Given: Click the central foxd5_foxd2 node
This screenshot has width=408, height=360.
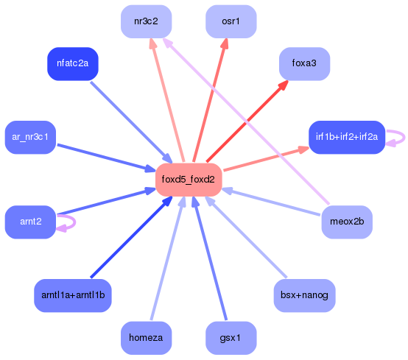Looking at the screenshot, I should click(x=189, y=179).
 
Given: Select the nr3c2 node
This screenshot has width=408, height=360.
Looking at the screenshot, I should click(x=146, y=21).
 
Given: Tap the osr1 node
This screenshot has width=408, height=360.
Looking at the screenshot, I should click(x=231, y=21).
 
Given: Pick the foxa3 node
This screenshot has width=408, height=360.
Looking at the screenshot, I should click(x=304, y=64).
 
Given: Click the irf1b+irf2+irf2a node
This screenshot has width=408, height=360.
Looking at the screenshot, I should click(x=346, y=137).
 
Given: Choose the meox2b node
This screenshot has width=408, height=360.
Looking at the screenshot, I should click(x=347, y=222).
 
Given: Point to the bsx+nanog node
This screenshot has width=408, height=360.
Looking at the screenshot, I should click(x=304, y=295).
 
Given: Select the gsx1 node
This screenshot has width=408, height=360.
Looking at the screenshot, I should click(x=231, y=338).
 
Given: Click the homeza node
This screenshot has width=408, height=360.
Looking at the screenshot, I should click(x=146, y=338).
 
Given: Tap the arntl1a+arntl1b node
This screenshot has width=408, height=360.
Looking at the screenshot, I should click(x=73, y=295).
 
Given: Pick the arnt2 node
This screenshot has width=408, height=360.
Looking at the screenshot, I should click(x=30, y=222).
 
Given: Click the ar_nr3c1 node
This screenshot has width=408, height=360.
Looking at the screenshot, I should click(x=30, y=137).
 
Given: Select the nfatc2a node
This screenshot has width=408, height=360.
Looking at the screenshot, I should click(x=72, y=64).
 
